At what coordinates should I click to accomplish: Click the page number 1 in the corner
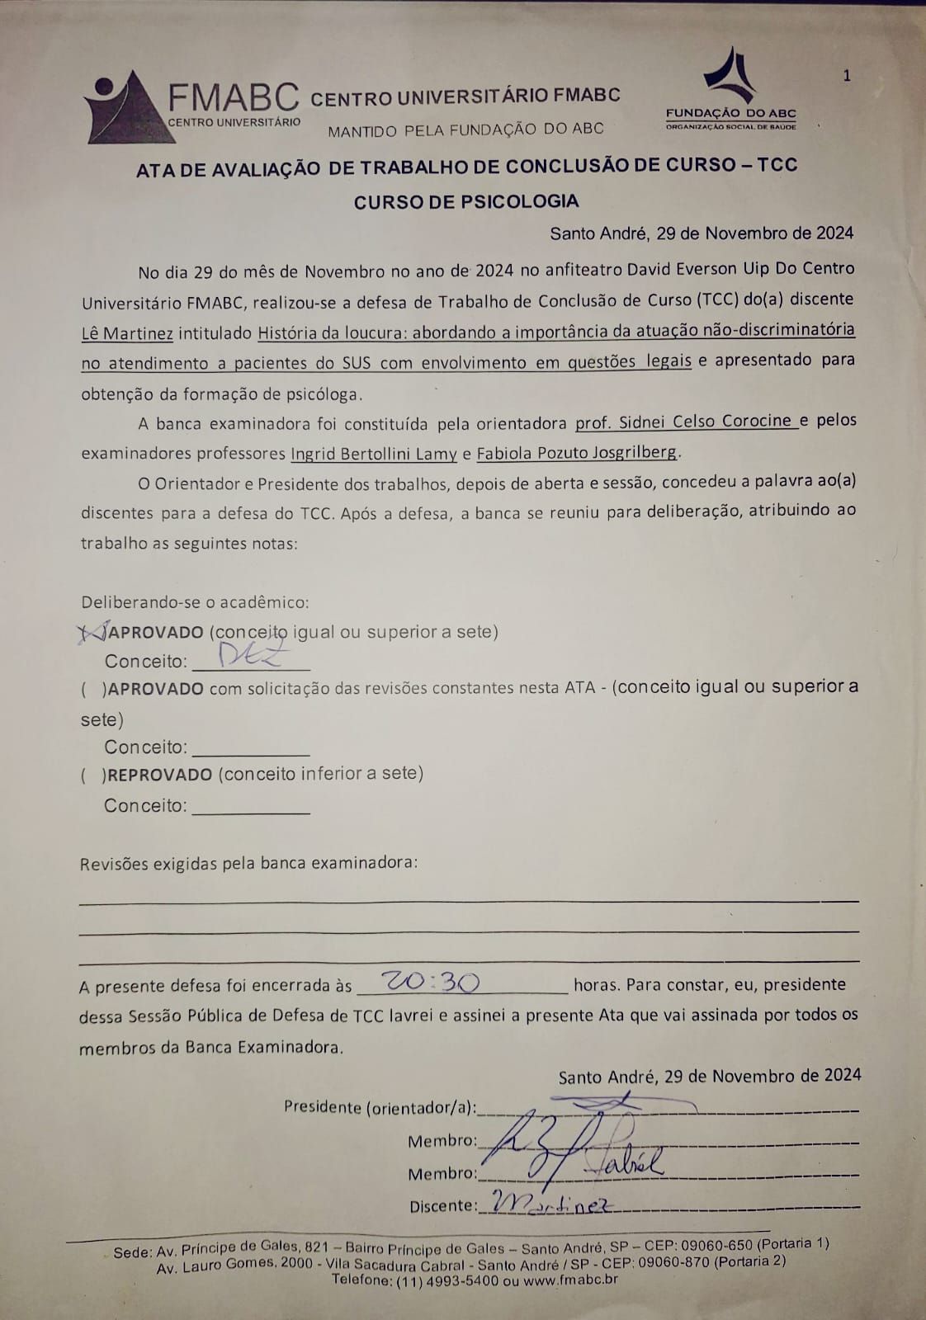click(x=847, y=76)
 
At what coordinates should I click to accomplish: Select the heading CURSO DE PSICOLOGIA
click(x=466, y=202)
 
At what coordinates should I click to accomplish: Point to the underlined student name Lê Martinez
click(x=126, y=332)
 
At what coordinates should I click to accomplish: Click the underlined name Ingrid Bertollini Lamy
click(x=374, y=453)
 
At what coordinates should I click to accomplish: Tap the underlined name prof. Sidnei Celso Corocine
click(x=685, y=422)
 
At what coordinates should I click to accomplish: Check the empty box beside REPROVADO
click(x=93, y=775)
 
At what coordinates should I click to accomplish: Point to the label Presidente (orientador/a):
click(x=380, y=1107)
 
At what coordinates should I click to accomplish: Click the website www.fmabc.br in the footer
click(x=569, y=1280)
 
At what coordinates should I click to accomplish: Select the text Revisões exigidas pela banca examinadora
click(x=248, y=864)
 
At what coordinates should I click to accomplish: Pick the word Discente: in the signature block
click(x=442, y=1206)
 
